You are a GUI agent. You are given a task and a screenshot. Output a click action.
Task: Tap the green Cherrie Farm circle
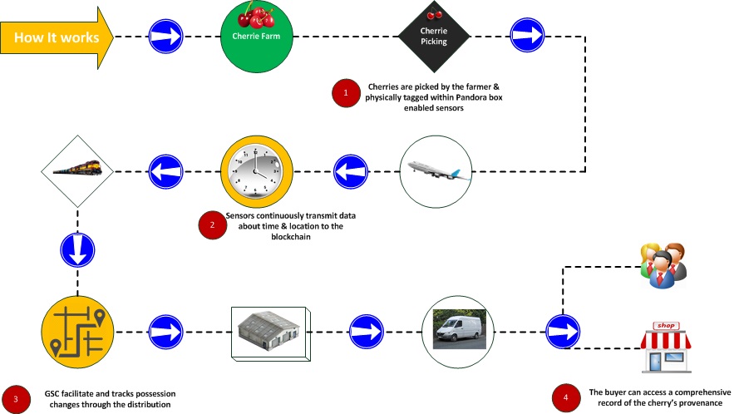(x=261, y=37)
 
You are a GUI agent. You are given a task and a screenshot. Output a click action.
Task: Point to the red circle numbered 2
(x=211, y=224)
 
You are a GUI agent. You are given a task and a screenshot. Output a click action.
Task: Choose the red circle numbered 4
(x=566, y=397)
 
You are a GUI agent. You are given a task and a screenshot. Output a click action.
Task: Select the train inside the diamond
(x=77, y=172)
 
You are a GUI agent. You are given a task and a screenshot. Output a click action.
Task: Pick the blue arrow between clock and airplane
(x=351, y=172)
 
